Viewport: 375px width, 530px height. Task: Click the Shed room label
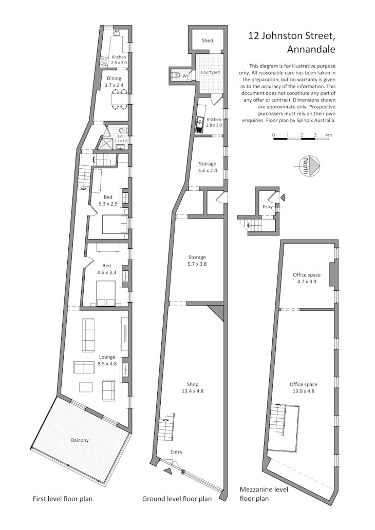pyautogui.click(x=207, y=41)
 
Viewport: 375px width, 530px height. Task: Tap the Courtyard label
pyautogui.click(x=211, y=73)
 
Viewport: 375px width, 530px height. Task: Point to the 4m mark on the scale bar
pyautogui.click(x=329, y=135)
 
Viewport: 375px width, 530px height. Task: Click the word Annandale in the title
pyautogui.click(x=311, y=50)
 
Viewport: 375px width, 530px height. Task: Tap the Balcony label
pyautogui.click(x=80, y=440)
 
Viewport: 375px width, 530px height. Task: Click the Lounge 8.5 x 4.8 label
pyautogui.click(x=106, y=360)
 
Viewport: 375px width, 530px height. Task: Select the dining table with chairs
pyautogui.click(x=119, y=99)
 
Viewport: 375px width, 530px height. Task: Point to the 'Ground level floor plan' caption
pyautogui.click(x=177, y=499)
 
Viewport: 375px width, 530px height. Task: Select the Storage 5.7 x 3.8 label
pyautogui.click(x=196, y=260)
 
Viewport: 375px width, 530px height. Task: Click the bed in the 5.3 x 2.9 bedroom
pyautogui.click(x=114, y=224)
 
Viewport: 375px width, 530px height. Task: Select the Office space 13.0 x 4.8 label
pyautogui.click(x=303, y=387)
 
